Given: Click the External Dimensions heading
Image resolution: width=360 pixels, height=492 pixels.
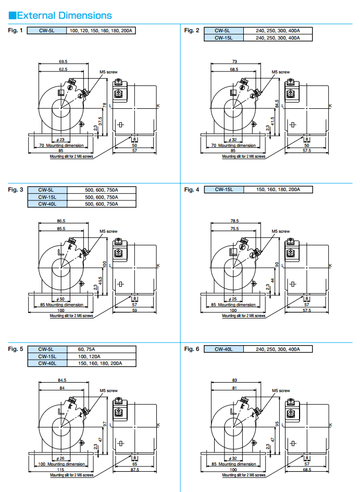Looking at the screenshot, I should (60, 15).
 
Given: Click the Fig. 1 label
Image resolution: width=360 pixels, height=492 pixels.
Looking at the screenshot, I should (16, 31).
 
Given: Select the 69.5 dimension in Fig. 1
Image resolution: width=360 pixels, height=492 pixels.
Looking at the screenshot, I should (63, 61).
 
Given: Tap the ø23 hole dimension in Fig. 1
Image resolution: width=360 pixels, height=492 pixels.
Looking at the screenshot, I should (60, 140).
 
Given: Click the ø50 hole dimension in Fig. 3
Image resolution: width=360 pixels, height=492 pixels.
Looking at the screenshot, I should (60, 299).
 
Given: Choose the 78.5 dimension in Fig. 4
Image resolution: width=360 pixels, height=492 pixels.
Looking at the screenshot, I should (234, 221).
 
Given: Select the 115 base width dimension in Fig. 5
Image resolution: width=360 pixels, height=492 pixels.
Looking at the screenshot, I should (60, 470).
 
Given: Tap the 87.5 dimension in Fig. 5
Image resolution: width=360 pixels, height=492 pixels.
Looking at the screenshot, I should (134, 470).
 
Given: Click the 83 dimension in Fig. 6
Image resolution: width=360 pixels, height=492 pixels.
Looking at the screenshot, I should (234, 381).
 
